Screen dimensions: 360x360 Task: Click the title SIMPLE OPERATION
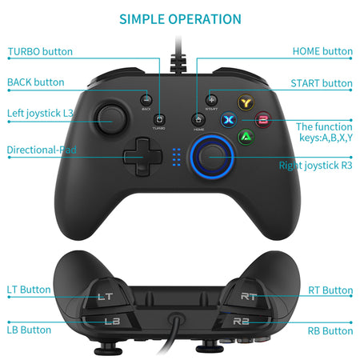tap(180, 18)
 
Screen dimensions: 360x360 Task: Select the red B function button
tap(262, 121)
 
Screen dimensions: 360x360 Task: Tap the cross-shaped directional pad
tap(142, 154)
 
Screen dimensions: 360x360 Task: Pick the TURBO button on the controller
tap(160, 118)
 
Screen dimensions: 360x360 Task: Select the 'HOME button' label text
tap(322, 52)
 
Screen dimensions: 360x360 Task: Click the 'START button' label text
tap(321, 83)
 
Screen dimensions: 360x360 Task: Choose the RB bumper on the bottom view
tap(242, 322)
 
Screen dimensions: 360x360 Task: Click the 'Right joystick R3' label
tap(315, 166)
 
